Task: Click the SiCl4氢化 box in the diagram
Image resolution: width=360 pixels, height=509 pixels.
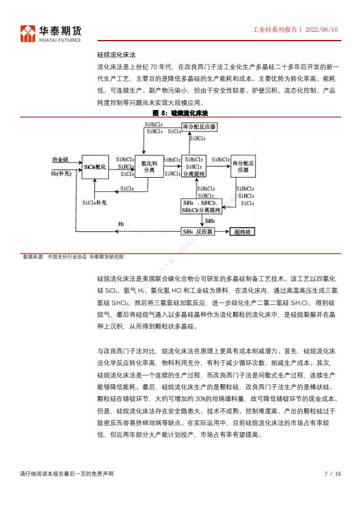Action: pyautogui.click(x=95, y=168)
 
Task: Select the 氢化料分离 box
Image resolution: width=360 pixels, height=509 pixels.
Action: pyautogui.click(x=149, y=167)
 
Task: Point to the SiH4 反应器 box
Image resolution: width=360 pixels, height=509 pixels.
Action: pyautogui.click(x=198, y=232)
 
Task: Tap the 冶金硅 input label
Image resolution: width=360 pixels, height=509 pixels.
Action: pyautogui.click(x=60, y=159)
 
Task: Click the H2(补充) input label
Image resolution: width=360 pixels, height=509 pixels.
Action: pyautogui.click(x=62, y=174)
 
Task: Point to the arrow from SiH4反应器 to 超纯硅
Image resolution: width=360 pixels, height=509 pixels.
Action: pyautogui.click(x=222, y=232)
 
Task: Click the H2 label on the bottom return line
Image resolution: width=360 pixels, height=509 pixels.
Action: pyautogui.click(x=121, y=224)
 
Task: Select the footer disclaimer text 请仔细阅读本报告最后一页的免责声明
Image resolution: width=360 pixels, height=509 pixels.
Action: pyautogui.click(x=66, y=474)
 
